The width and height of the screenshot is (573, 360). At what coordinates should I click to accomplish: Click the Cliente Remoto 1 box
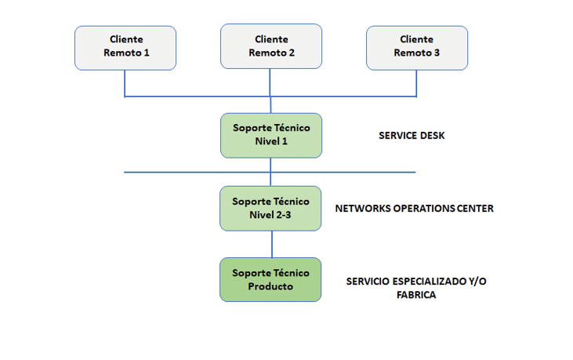[x=125, y=48]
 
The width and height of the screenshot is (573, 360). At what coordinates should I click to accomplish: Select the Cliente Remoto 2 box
[x=271, y=46]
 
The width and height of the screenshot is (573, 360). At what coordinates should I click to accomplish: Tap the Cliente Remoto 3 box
[x=417, y=48]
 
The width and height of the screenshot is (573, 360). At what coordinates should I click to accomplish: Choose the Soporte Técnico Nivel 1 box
[x=271, y=136]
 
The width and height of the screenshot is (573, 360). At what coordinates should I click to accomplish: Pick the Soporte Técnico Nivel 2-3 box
[x=270, y=209]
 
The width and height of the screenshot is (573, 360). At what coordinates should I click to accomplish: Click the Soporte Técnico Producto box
[x=270, y=279]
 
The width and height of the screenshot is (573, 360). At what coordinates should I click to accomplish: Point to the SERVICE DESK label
[x=412, y=136]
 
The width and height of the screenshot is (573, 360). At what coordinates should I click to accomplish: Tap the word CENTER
[x=475, y=209]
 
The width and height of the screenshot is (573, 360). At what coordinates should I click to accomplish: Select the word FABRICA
[x=416, y=295]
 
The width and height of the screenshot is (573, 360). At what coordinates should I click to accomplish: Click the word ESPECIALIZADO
[x=430, y=282]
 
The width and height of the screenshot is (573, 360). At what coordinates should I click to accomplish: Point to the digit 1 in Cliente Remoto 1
[x=147, y=53]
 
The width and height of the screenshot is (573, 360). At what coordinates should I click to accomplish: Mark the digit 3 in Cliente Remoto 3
[x=437, y=53]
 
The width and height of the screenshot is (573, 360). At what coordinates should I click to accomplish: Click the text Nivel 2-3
[x=270, y=215]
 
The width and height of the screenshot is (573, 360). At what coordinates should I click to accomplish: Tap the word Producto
[x=270, y=286]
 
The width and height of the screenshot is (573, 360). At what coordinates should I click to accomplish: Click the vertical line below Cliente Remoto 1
[x=125, y=83]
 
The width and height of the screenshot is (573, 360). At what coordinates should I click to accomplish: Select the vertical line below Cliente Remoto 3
[x=416, y=83]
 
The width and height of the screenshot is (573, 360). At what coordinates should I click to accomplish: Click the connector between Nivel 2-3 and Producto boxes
[x=272, y=244]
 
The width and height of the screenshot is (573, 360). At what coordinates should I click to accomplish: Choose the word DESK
[x=433, y=136]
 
